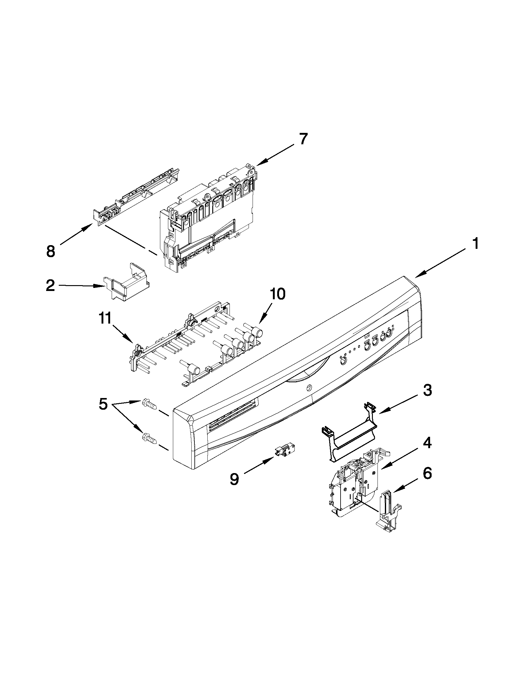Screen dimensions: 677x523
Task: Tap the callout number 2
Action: [50, 285]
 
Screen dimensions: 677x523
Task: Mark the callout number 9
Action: [234, 479]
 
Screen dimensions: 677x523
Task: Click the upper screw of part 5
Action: [149, 404]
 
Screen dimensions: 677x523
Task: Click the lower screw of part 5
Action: [149, 438]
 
